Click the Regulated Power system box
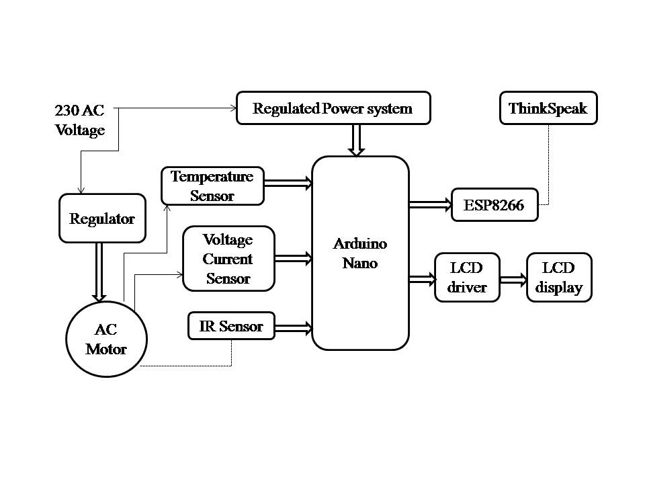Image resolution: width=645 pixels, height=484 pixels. point(333,108)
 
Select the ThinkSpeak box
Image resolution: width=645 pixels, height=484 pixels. point(548,108)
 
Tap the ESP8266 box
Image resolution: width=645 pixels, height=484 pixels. point(495,204)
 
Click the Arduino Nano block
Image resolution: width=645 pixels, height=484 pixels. point(360,253)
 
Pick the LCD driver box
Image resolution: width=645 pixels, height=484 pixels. point(467,277)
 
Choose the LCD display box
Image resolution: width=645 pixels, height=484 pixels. point(559,277)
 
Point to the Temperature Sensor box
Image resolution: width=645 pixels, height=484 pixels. point(212,186)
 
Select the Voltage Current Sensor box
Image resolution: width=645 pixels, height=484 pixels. point(228,258)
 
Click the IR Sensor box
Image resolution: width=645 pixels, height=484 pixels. point(232,326)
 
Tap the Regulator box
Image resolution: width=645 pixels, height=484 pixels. point(102,218)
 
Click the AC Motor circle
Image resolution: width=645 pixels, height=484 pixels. point(106,338)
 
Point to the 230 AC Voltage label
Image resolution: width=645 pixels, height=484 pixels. point(80,120)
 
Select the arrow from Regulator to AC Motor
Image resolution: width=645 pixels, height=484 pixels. point(99,271)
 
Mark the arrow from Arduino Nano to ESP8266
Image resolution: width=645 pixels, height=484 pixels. point(430,204)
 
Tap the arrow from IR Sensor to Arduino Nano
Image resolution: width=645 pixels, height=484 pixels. point(294,328)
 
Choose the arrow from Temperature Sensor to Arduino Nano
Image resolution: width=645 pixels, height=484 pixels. point(288,182)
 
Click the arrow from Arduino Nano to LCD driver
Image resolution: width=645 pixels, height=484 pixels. point(422,278)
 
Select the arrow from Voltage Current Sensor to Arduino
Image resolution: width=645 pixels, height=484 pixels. point(294,257)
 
